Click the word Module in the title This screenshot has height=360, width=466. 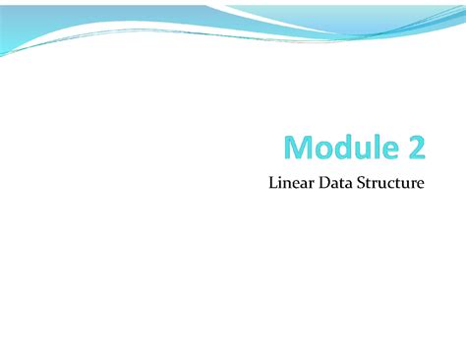334,148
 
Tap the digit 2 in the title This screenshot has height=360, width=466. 415,148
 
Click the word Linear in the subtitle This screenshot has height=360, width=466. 291,182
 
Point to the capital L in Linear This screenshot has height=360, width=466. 272,182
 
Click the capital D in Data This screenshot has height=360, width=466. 324,182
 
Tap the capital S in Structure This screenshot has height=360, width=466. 364,182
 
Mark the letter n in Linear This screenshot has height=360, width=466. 288,184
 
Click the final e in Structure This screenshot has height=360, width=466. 421,184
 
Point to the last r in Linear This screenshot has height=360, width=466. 313,184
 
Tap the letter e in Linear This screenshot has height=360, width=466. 297,184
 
